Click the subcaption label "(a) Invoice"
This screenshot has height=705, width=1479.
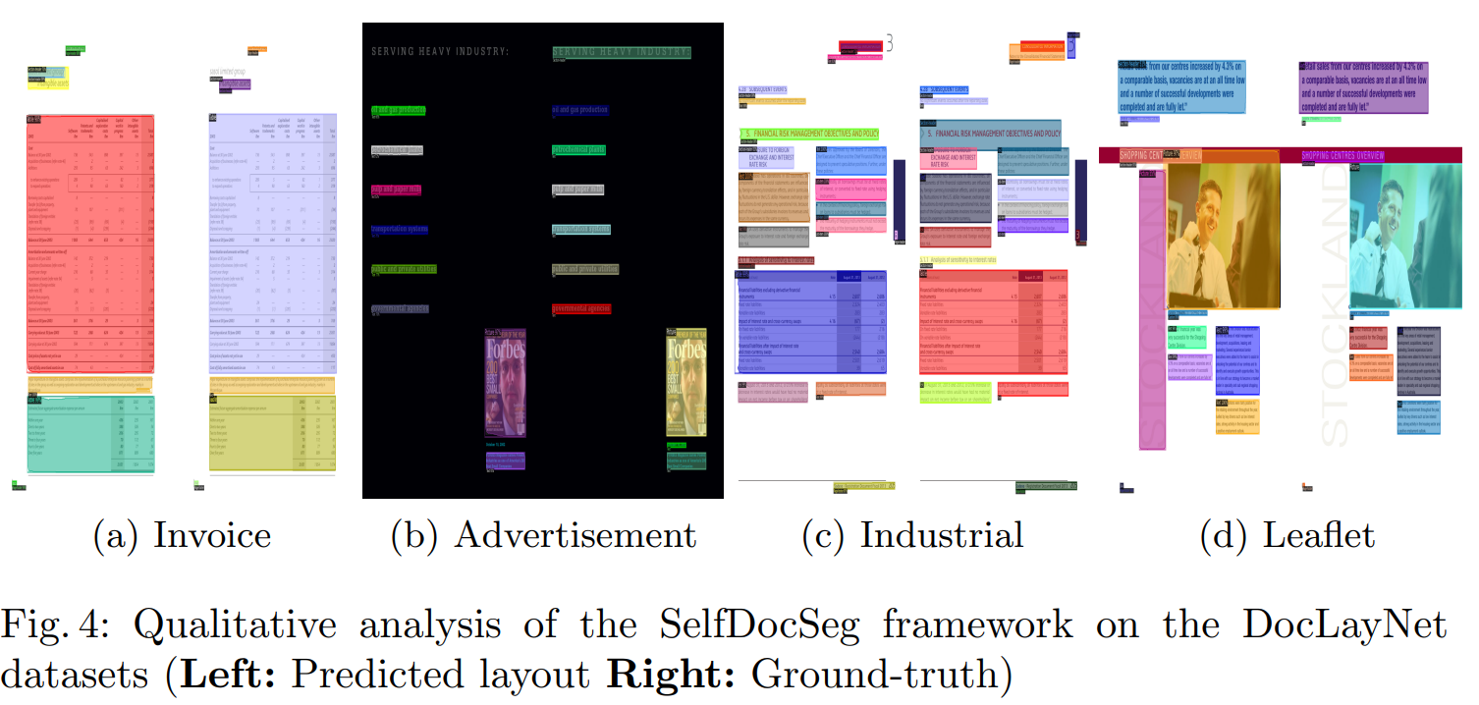(182, 536)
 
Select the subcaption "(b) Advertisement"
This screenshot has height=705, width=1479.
(543, 536)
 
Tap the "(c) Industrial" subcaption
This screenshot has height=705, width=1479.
(912, 536)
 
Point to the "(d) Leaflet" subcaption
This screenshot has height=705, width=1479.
(1287, 536)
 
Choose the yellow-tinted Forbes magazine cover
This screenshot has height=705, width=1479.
(686, 383)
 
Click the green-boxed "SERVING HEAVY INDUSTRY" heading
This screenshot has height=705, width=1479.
(622, 53)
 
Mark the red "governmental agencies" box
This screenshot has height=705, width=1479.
(581, 308)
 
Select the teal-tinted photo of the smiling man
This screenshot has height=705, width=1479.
(1404, 236)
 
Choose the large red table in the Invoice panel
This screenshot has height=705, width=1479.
(89, 245)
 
